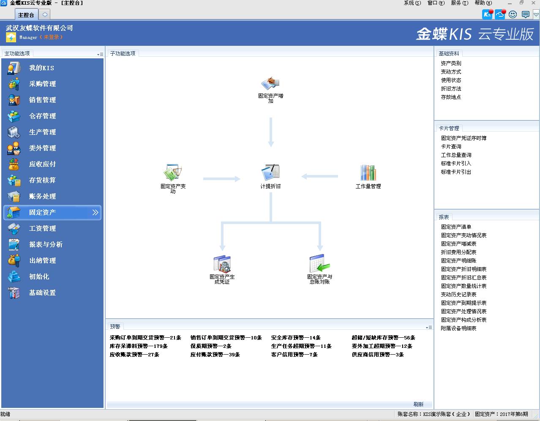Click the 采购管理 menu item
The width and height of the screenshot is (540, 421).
(42, 84)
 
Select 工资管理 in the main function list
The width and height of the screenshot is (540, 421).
(42, 228)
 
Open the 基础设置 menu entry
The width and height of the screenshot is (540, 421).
(42, 293)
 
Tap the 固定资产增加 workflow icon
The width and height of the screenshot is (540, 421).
(270, 83)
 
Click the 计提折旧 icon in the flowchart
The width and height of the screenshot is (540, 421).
(270, 172)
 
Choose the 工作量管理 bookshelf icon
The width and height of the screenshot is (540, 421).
(368, 172)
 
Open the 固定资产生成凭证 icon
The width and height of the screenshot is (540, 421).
(222, 264)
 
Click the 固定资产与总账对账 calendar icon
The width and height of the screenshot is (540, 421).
(319, 263)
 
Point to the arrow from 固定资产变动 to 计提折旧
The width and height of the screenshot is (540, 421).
(221, 179)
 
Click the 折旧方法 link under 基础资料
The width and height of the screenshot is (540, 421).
(451, 89)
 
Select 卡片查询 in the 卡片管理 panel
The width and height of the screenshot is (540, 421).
(451, 147)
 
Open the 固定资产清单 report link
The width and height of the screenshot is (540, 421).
(456, 227)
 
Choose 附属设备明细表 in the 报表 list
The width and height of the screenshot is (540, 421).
(458, 328)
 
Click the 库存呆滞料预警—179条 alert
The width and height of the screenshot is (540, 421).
(139, 346)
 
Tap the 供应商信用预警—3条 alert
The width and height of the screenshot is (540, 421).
(378, 355)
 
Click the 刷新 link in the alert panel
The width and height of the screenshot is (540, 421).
(418, 405)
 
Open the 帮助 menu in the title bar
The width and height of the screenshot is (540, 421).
(483, 3)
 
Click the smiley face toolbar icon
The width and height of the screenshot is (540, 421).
(513, 14)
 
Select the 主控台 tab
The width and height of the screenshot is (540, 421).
(26, 15)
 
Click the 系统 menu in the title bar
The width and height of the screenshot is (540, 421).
(412, 3)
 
